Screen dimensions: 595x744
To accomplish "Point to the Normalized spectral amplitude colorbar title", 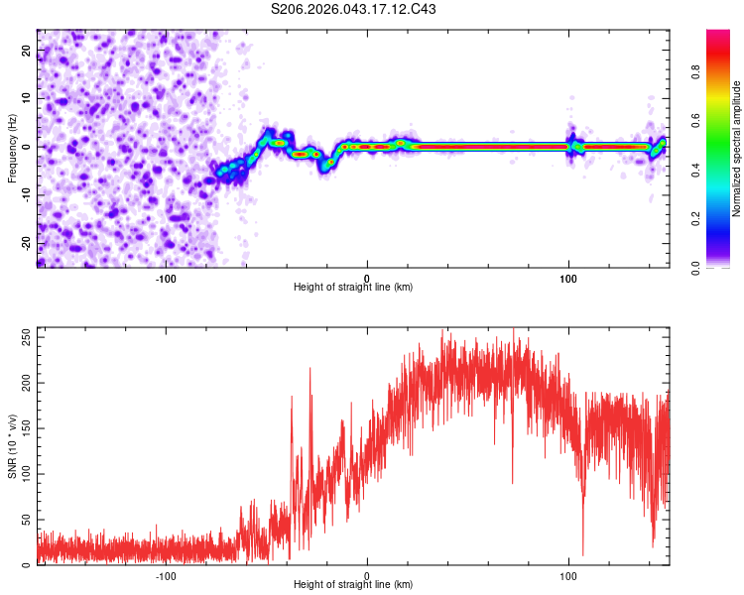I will coord(736,149).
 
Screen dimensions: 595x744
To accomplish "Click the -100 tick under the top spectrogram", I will coord(166,279).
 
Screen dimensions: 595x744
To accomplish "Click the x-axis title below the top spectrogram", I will coord(353,288).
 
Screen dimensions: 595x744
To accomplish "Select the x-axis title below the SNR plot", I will coord(353,585).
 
